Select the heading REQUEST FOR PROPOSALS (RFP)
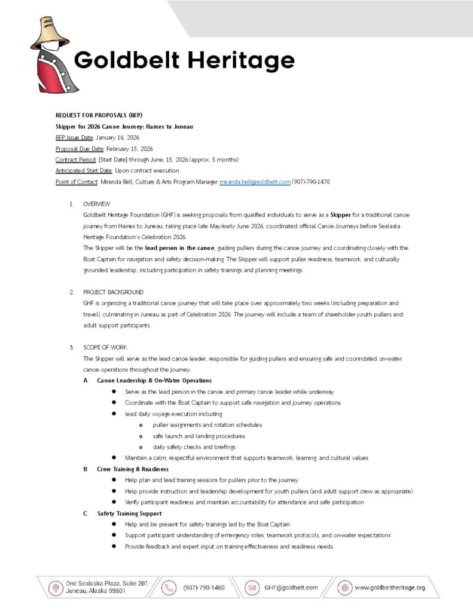click(99, 115)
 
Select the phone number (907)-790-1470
click(311, 182)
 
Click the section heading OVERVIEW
click(96, 204)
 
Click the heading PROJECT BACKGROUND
click(113, 292)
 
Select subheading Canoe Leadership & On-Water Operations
click(154, 381)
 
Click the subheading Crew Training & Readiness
click(133, 469)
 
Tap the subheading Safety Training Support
click(129, 513)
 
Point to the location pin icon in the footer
click(56, 588)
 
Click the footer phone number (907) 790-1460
click(204, 588)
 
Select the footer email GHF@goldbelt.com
click(291, 588)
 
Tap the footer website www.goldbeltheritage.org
click(390, 588)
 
